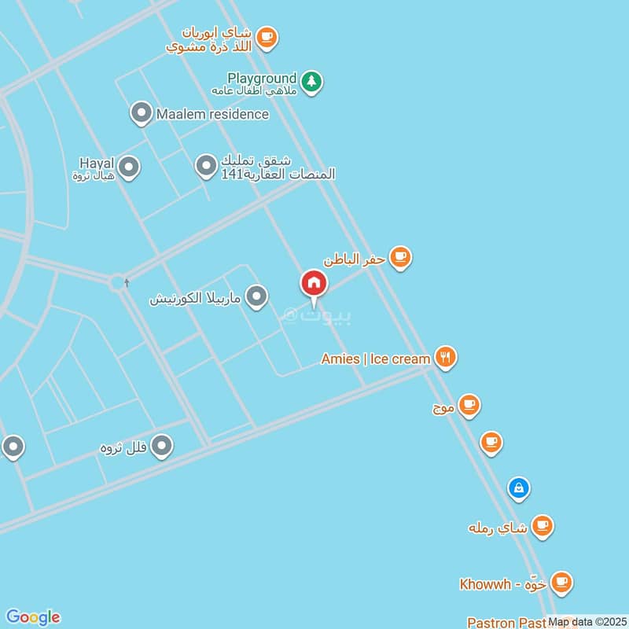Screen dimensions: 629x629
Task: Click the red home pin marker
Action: pyautogui.click(x=313, y=285)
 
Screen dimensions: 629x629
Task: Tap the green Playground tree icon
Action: pyautogui.click(x=312, y=82)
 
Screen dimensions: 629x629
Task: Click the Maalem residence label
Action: pyautogui.click(x=212, y=114)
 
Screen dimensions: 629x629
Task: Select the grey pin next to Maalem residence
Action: pyautogui.click(x=141, y=113)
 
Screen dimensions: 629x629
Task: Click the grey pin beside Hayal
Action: pyautogui.click(x=129, y=167)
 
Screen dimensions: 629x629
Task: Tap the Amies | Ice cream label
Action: pyautogui.click(x=376, y=359)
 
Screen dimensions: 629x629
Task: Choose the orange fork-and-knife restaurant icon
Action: pyautogui.click(x=446, y=358)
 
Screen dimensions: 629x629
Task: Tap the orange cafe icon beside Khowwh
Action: pyautogui.click(x=561, y=583)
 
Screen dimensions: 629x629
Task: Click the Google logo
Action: pyautogui.click(x=32, y=617)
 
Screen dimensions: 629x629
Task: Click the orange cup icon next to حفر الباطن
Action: pyautogui.click(x=401, y=257)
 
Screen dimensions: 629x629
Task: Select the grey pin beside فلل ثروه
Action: pyautogui.click(x=162, y=447)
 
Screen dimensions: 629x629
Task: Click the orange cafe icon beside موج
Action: pyautogui.click(x=469, y=405)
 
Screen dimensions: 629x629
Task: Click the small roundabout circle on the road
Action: pyautogui.click(x=118, y=281)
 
